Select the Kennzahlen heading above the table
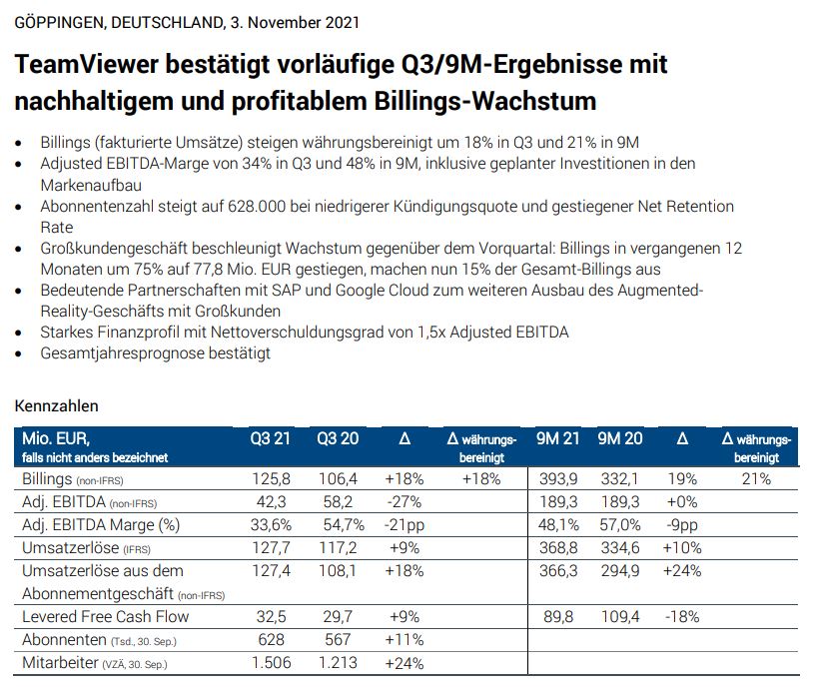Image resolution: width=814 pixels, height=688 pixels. (56, 406)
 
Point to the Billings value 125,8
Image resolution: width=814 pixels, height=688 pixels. (272, 479)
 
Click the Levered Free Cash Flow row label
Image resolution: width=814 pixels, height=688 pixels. (105, 617)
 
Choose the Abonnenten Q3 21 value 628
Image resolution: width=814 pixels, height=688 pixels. (272, 640)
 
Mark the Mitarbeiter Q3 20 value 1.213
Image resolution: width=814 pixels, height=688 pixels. (337, 663)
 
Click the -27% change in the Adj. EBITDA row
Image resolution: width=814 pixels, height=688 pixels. (405, 501)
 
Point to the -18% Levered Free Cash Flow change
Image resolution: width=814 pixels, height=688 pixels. (682, 617)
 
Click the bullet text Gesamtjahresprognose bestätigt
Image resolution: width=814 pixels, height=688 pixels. (156, 353)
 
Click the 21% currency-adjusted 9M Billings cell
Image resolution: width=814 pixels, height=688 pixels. (756, 479)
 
